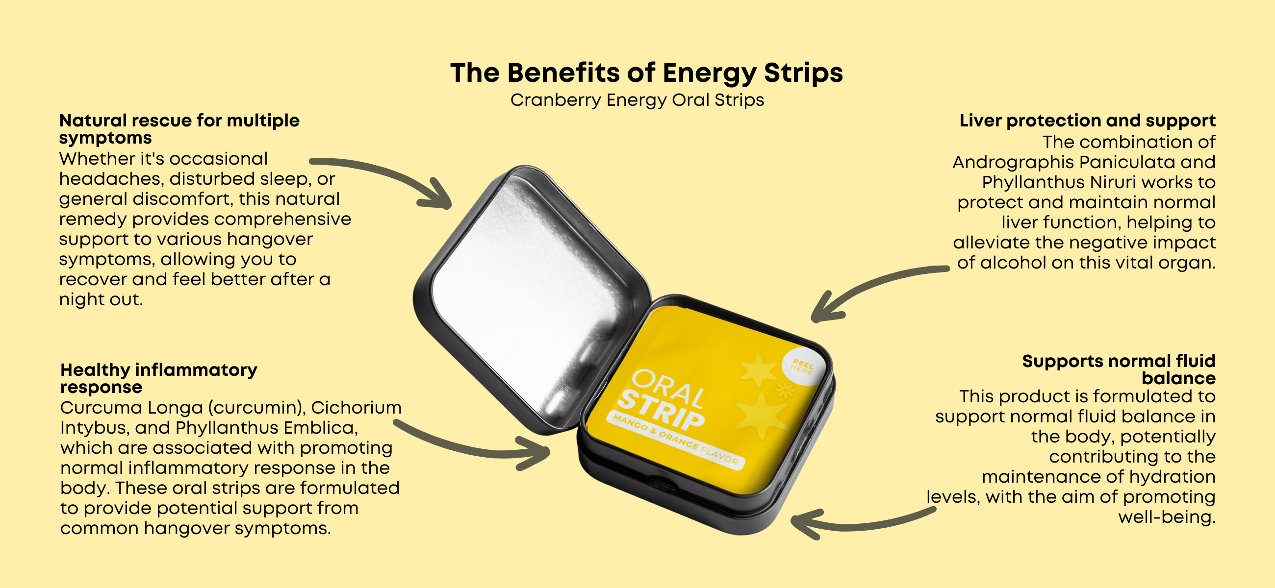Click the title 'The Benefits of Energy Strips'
pyautogui.click(x=646, y=73)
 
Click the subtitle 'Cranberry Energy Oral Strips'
pyautogui.click(x=637, y=100)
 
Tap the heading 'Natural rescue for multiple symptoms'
pyautogui.click(x=179, y=128)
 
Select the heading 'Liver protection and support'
pyautogui.click(x=1087, y=121)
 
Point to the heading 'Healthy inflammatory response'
pyautogui.click(x=158, y=378)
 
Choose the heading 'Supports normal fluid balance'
pyautogui.click(x=1119, y=369)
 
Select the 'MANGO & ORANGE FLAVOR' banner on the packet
pyautogui.click(x=676, y=440)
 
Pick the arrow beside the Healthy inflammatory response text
pyautogui.click(x=470, y=448)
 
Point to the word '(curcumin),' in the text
pyautogui.click(x=256, y=409)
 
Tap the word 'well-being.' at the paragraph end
pyautogui.click(x=1167, y=518)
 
